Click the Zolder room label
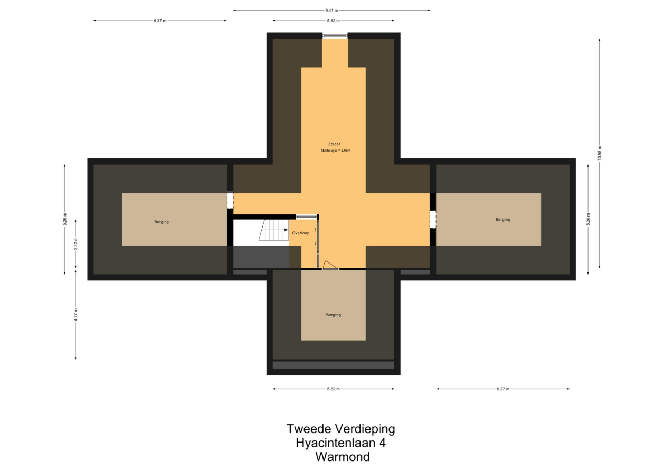[x=334, y=144]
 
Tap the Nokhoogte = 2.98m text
[x=336, y=151]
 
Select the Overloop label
[x=300, y=233]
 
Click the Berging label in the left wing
[x=162, y=222]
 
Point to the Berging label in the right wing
[x=502, y=220]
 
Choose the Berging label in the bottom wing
[x=334, y=315]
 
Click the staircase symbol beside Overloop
[x=273, y=230]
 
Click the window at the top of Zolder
[x=335, y=36]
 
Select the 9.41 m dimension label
[x=331, y=11]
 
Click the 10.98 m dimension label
[x=600, y=153]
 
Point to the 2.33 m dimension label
[x=75, y=244]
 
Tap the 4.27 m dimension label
[x=75, y=315]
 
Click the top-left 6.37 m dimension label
[x=160, y=21]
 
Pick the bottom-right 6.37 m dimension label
[x=503, y=389]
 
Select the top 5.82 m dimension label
[x=334, y=21]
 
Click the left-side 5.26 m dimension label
[x=64, y=220]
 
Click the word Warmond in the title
[x=343, y=457]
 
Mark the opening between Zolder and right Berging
[x=433, y=220]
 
